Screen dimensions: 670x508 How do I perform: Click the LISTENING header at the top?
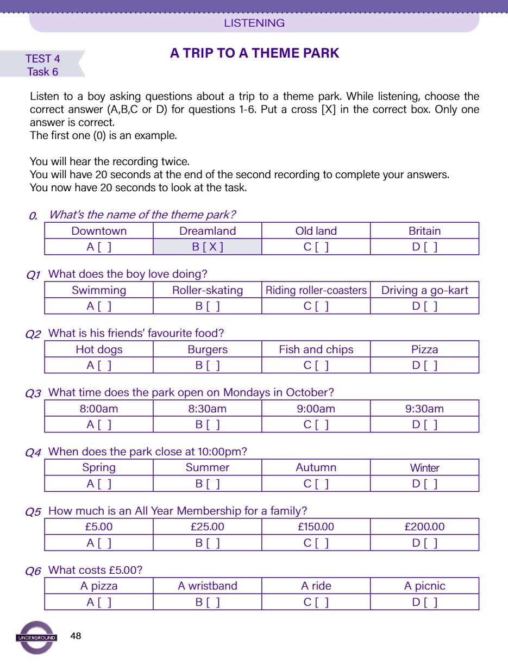click(x=254, y=23)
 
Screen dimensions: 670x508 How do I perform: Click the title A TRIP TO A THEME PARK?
click(x=254, y=53)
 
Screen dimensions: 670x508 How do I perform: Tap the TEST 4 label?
click(x=42, y=59)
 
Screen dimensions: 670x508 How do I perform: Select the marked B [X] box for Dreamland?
click(x=208, y=247)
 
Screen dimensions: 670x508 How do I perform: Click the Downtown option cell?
click(x=99, y=231)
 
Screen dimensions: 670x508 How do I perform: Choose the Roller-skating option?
click(x=208, y=290)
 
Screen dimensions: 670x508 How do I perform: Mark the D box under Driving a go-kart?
click(x=425, y=306)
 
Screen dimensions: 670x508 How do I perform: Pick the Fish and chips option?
click(x=316, y=349)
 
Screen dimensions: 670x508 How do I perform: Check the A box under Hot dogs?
click(x=99, y=366)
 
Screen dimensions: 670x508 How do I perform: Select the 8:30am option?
click(x=208, y=409)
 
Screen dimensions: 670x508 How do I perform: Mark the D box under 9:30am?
click(x=425, y=425)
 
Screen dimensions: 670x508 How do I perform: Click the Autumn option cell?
click(x=316, y=467)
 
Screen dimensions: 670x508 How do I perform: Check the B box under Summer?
click(x=208, y=484)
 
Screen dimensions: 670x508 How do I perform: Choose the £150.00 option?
click(x=316, y=527)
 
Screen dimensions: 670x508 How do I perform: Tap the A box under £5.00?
click(x=99, y=543)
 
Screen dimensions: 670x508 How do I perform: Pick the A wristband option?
click(x=208, y=586)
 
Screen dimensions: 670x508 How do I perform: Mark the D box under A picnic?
click(x=425, y=602)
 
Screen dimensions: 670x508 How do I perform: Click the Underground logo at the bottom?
click(x=36, y=637)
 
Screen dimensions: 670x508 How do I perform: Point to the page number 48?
click(x=76, y=636)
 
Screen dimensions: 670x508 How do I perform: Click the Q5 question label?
click(x=34, y=512)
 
